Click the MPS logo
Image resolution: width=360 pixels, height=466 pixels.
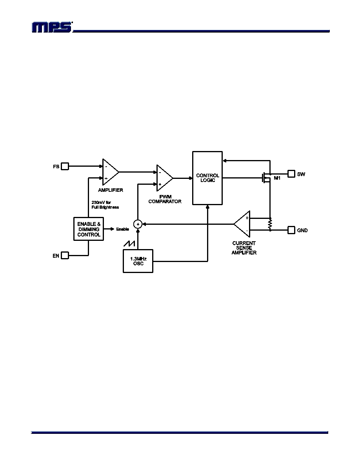(x=52, y=27)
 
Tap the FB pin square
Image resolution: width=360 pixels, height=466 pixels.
(x=65, y=166)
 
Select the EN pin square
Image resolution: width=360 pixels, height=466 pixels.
(x=65, y=256)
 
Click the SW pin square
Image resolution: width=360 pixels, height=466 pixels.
(x=291, y=173)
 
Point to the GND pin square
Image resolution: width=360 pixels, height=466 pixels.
(x=291, y=230)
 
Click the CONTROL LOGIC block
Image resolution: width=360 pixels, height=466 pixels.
(x=207, y=178)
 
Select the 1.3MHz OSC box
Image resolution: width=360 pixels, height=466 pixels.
(x=138, y=261)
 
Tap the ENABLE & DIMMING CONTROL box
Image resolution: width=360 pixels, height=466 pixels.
(x=89, y=229)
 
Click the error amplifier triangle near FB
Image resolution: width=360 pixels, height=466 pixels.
(x=110, y=172)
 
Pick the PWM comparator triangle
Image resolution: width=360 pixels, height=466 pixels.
(x=164, y=178)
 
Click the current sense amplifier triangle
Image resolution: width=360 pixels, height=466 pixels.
(x=242, y=224)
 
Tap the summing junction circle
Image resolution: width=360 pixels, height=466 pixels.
(x=138, y=224)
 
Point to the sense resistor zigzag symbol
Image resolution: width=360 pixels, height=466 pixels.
(x=270, y=224)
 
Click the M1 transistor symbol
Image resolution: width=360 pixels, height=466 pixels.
(x=266, y=178)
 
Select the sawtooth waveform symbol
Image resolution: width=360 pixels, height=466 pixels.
(x=129, y=244)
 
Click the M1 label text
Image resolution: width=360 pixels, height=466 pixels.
(x=277, y=178)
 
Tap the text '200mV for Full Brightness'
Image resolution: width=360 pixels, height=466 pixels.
(x=105, y=205)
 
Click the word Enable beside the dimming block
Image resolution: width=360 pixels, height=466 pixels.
(x=122, y=229)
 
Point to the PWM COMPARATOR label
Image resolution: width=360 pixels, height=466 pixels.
(x=165, y=199)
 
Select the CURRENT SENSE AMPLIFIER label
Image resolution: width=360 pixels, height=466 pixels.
(x=244, y=248)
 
